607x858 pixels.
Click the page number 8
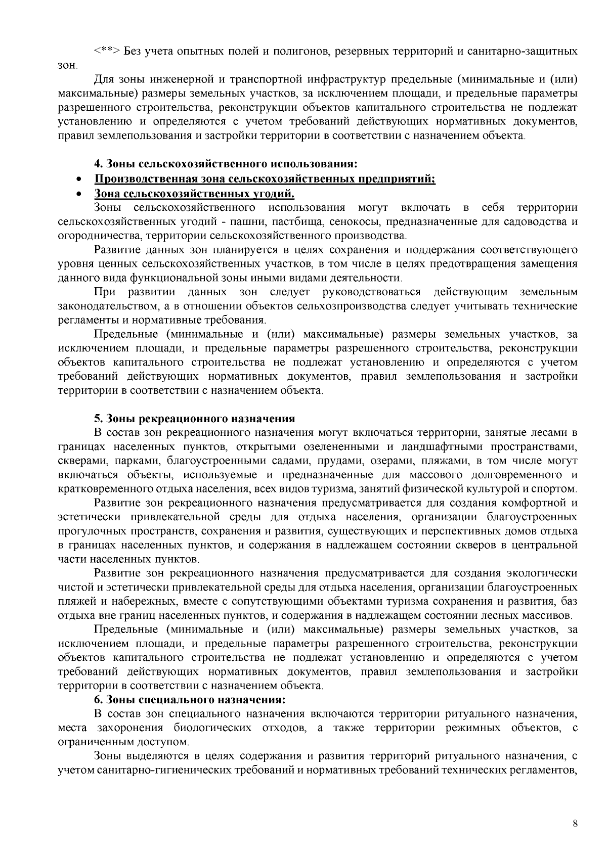575,823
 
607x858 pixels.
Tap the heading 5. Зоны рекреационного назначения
194,419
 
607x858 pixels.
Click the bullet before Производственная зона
78,180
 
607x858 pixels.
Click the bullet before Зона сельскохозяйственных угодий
78,194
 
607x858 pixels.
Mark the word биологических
213,728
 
